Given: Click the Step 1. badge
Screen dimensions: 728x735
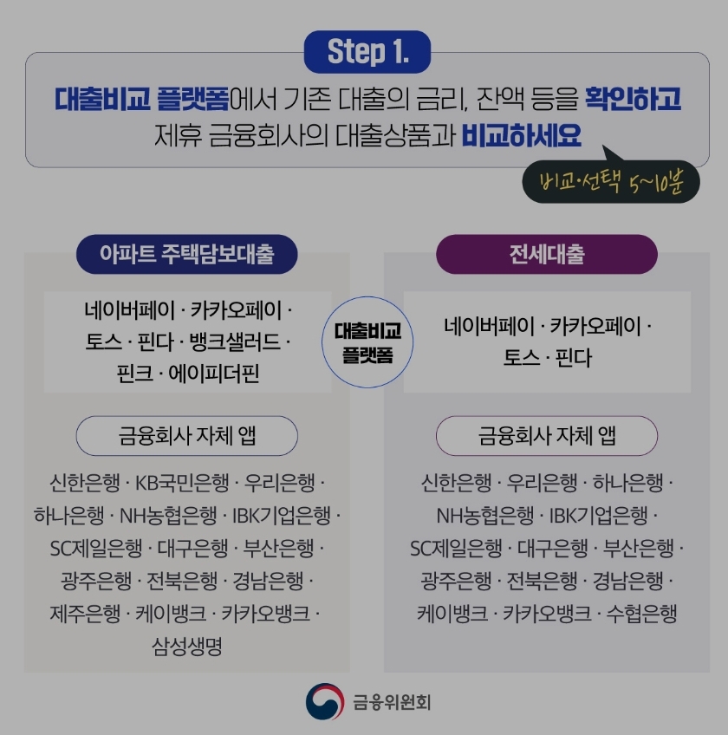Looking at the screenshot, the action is (x=367, y=52).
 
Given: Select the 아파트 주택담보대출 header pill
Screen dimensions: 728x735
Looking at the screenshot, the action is (x=187, y=254).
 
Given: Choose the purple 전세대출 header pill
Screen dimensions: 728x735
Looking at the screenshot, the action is (x=547, y=254).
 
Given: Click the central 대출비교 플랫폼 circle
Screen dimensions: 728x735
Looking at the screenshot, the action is (x=367, y=342).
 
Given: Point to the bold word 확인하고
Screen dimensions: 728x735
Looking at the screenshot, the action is (x=632, y=98).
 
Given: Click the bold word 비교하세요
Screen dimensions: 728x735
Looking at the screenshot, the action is (x=521, y=136).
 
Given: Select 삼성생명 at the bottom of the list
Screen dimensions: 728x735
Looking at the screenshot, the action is (x=187, y=647).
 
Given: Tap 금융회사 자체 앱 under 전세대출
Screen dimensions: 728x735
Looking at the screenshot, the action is (x=547, y=436).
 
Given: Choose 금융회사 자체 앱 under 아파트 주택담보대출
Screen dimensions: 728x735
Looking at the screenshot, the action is (x=187, y=436).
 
